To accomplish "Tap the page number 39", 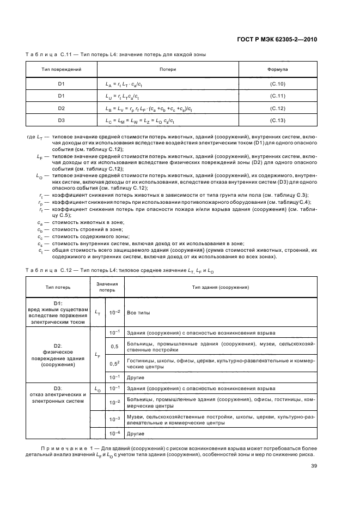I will pos(314,465).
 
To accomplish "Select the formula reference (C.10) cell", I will pos(278,84).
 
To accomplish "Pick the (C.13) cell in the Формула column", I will pos(278,120).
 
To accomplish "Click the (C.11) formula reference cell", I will pos(278,96).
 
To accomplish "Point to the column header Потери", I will pos(168,70).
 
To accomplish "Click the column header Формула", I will pos(278,70).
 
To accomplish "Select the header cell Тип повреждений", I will pos(62,70).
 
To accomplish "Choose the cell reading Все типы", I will pos(135,312).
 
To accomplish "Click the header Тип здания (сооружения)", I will pos(221,287).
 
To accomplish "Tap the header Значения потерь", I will pos(107,287).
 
